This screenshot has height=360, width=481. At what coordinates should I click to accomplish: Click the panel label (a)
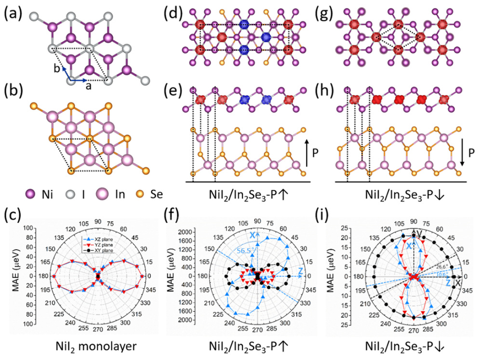(x=13, y=12)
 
